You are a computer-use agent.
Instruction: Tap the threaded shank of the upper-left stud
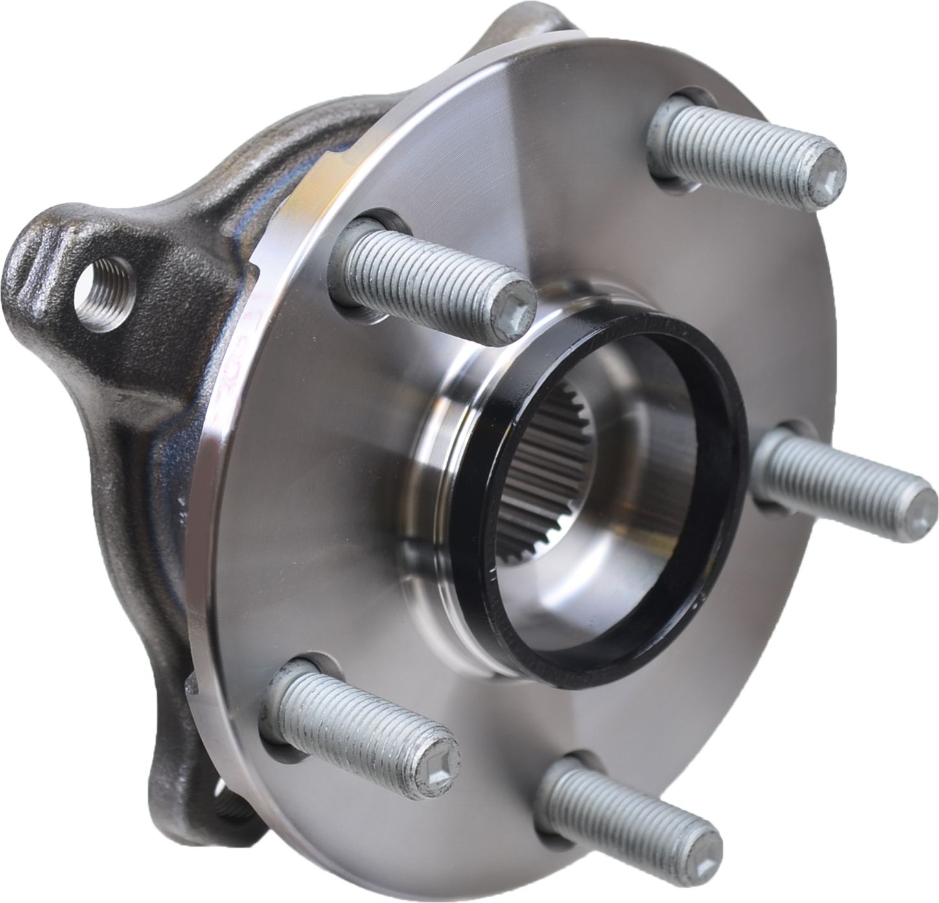(x=421, y=272)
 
